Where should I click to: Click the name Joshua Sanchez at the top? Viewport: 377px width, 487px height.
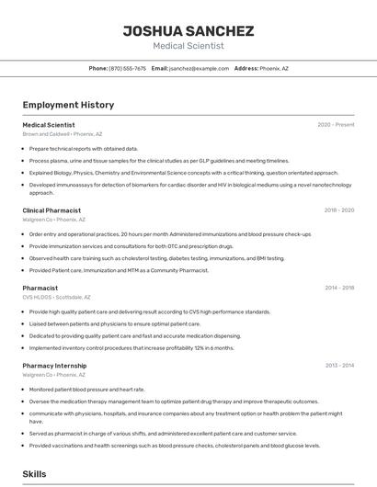click(x=188, y=30)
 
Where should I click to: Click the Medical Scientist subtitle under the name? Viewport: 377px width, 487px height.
click(x=188, y=46)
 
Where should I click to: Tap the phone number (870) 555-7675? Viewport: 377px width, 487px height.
click(x=127, y=69)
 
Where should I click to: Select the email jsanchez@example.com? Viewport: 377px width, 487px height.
click(x=199, y=69)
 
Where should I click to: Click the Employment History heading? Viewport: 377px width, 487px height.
click(x=68, y=106)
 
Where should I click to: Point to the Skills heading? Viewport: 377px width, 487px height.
click(x=35, y=474)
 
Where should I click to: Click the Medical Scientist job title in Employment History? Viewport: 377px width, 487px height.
click(x=49, y=125)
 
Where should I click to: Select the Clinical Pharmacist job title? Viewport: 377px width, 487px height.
click(x=51, y=210)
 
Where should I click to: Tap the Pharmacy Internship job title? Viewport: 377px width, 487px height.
click(x=54, y=366)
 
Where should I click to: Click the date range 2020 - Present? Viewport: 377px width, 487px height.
click(x=336, y=125)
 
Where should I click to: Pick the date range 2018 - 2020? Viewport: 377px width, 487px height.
click(x=338, y=210)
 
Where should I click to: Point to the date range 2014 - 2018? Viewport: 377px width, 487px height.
click(x=338, y=289)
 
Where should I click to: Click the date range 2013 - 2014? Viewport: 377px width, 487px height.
click(x=338, y=366)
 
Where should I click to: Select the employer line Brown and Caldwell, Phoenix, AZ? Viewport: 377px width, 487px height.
click(x=63, y=134)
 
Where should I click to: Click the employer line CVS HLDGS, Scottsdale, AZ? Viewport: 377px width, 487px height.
click(x=57, y=298)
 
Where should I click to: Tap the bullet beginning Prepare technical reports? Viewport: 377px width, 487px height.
click(x=84, y=148)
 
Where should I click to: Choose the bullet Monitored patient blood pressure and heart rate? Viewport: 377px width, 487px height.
click(x=87, y=390)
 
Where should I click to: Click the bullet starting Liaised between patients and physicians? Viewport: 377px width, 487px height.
click(x=115, y=324)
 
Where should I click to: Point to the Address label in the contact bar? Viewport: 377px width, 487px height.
click(x=246, y=69)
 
